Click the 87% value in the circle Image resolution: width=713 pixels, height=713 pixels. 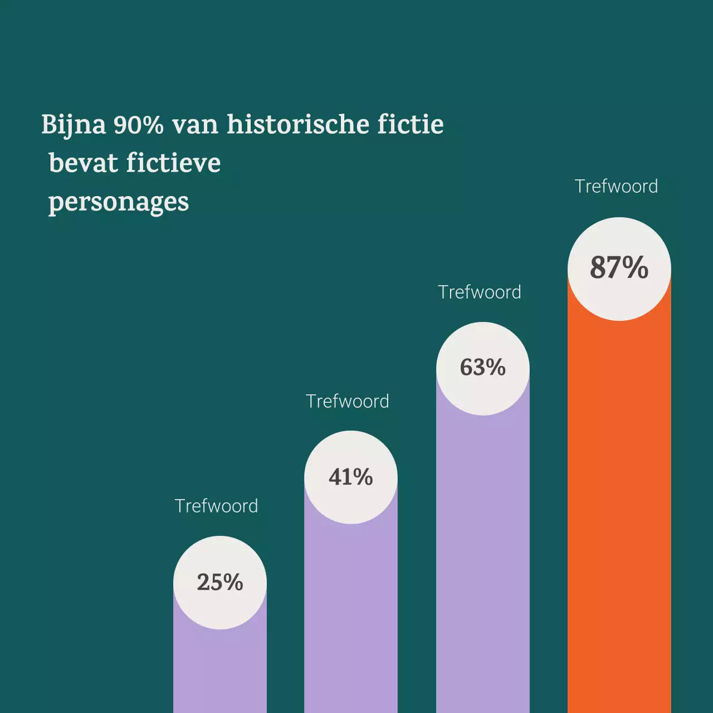[619, 267]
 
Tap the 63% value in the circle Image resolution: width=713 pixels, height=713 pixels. [482, 368]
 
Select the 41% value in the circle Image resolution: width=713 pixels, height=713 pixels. [350, 477]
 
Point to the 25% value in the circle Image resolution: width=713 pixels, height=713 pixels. [219, 582]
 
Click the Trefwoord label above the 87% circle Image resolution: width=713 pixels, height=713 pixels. [616, 186]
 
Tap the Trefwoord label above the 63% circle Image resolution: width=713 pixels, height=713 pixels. [479, 292]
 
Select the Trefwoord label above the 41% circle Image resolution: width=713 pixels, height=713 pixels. [347, 401]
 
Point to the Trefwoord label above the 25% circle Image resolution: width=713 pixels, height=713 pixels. [216, 506]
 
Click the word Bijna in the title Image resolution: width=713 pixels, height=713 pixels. [73, 125]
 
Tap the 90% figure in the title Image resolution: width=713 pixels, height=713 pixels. [138, 125]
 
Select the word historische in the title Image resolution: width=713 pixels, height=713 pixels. [298, 124]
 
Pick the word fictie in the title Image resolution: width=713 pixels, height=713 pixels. [411, 124]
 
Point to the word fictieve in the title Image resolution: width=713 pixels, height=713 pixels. [173, 163]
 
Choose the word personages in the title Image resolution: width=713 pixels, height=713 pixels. [119, 203]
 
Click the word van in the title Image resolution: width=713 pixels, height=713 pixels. [195, 125]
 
